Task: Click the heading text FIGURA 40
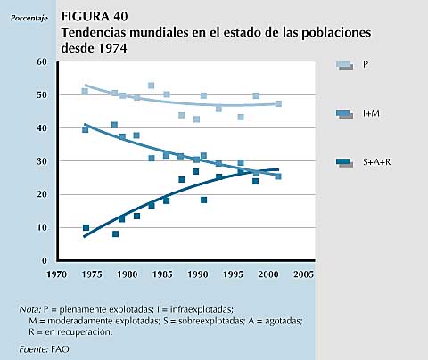tap(95, 16)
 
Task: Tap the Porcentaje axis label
tap(29, 19)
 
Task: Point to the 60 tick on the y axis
tap(42, 61)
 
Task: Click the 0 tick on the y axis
tap(45, 260)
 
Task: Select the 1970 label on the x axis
tap(56, 274)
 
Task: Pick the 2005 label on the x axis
tap(303, 274)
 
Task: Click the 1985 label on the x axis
tap(162, 274)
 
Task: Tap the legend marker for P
tap(345, 65)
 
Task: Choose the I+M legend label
tap(371, 113)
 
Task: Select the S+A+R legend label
tap(377, 162)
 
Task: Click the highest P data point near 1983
tap(151, 86)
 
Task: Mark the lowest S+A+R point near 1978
tap(115, 234)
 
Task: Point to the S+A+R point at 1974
tap(86, 227)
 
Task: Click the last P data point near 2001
tap(278, 103)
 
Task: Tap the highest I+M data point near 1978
tap(114, 125)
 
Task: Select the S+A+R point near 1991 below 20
tap(203, 200)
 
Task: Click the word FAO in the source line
tap(60, 349)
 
